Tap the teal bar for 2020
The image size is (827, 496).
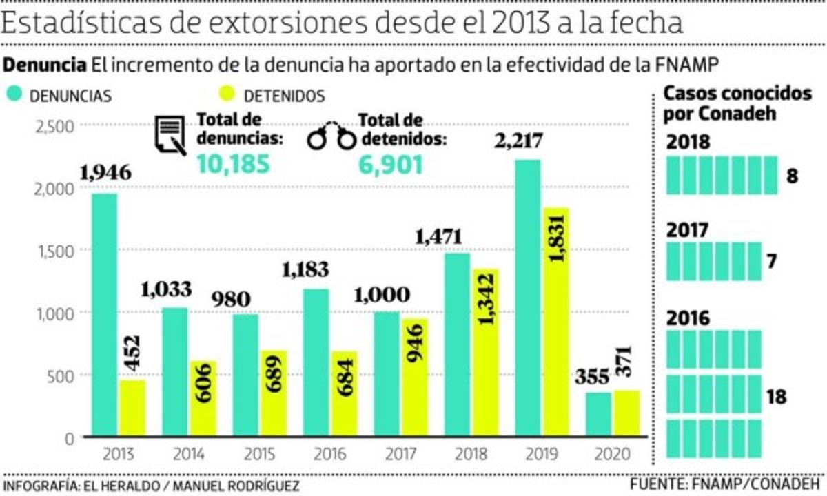click(x=598, y=414)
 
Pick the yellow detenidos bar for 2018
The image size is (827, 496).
click(x=485, y=352)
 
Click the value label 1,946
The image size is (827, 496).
click(x=105, y=172)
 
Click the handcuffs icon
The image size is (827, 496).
click(x=331, y=137)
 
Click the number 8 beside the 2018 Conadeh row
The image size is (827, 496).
click(x=792, y=176)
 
